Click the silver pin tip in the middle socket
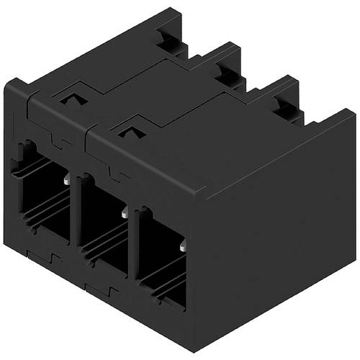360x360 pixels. pos(125,213)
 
